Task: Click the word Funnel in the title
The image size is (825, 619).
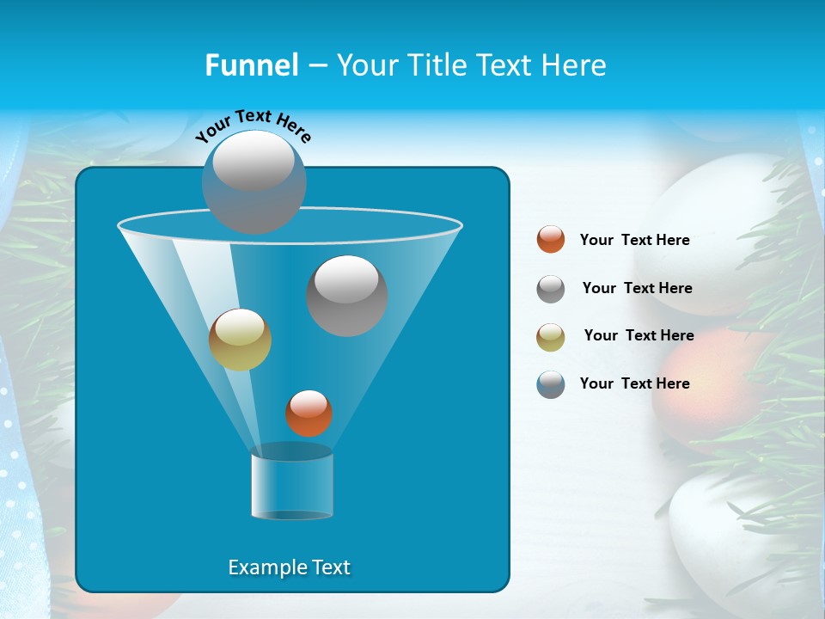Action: point(251,65)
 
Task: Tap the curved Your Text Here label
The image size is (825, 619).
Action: point(254,126)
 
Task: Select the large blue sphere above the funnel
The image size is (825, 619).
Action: point(254,182)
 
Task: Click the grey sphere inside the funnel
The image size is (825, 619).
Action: point(347,296)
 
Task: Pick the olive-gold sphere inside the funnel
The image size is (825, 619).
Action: point(241,340)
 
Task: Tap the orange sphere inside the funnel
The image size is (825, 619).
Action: point(309,414)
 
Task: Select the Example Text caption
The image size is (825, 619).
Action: point(289,567)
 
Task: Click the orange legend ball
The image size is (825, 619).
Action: point(551,240)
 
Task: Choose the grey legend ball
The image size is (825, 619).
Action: point(551,289)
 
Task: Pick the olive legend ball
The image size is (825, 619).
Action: point(551,337)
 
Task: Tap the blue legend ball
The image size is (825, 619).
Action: point(551,384)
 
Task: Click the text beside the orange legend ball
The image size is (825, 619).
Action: point(634,241)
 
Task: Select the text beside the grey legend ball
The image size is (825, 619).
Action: point(637,289)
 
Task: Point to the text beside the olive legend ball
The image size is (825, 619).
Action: point(639,336)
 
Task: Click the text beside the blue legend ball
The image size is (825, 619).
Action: point(634,384)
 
